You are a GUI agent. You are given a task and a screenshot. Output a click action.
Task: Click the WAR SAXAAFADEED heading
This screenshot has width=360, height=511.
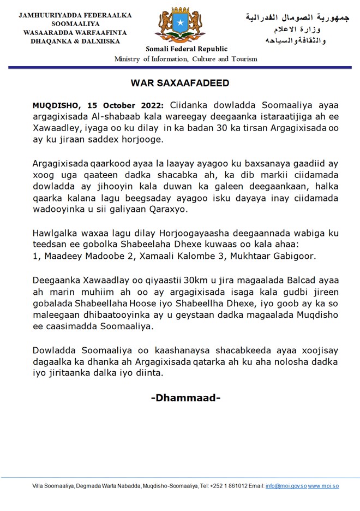pyautogui.click(x=179, y=83)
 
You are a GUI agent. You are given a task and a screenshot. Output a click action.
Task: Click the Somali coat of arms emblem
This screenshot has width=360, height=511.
pyautogui.click(x=179, y=25)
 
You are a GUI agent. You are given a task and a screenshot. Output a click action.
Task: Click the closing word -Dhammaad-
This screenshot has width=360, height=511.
pyautogui.click(x=185, y=397)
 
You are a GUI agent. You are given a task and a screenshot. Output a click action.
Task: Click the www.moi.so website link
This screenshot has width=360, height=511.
pyautogui.click(x=323, y=486)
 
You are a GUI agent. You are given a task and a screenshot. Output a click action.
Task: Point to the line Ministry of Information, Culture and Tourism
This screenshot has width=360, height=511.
pyautogui.click(x=185, y=59)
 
